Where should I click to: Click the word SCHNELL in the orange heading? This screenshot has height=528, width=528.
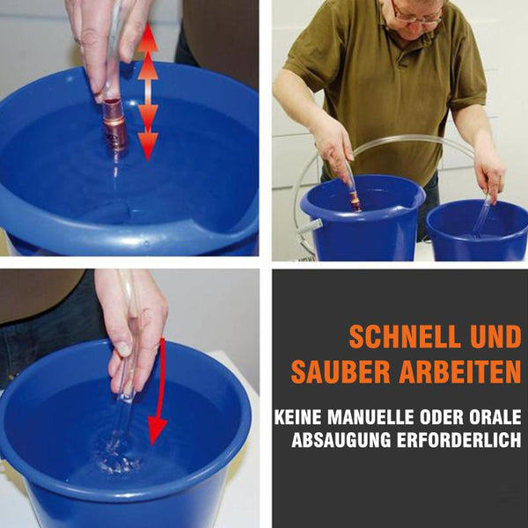(x=405, y=337)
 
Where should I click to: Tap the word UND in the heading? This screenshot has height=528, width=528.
(x=495, y=337)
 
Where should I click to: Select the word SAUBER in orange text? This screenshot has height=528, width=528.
(x=341, y=372)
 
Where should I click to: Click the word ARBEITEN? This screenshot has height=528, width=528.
(x=460, y=372)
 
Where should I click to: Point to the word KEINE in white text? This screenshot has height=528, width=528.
(x=298, y=417)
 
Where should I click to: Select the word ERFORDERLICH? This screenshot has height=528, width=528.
(x=459, y=440)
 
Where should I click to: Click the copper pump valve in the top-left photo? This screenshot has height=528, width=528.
(x=114, y=123)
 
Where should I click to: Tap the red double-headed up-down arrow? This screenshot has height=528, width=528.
(x=148, y=92)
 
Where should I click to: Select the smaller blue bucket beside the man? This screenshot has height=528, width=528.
(x=477, y=231)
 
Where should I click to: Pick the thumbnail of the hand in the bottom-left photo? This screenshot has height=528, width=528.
(x=124, y=348)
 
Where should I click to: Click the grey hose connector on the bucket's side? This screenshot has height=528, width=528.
(x=310, y=225)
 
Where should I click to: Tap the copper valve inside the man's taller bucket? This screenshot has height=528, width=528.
(x=355, y=202)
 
